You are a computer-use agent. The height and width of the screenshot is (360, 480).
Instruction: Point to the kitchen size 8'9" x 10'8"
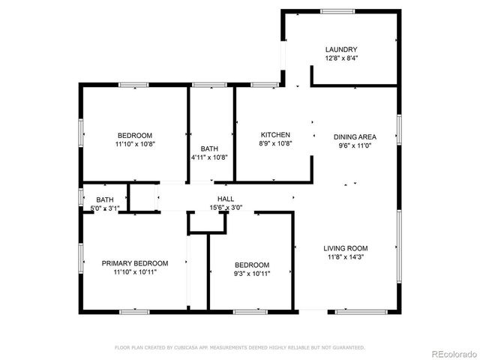point(275,143)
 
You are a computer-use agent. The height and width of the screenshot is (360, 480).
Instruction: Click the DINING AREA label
point(355,136)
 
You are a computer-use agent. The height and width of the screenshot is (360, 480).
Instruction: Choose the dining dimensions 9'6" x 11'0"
point(355,145)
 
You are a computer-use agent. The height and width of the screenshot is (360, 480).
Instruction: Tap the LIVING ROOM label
point(346,248)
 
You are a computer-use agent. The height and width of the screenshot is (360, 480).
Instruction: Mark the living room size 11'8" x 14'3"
point(346,257)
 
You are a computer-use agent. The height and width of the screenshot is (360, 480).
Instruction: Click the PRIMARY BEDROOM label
point(135,263)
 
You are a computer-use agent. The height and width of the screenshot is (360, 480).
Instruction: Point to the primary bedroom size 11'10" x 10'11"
point(135,272)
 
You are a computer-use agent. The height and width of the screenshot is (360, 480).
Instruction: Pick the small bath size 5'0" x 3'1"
point(104,207)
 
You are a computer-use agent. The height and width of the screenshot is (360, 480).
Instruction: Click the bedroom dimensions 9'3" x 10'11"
point(252,274)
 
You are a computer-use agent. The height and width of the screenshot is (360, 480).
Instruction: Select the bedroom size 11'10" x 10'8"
point(135,143)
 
